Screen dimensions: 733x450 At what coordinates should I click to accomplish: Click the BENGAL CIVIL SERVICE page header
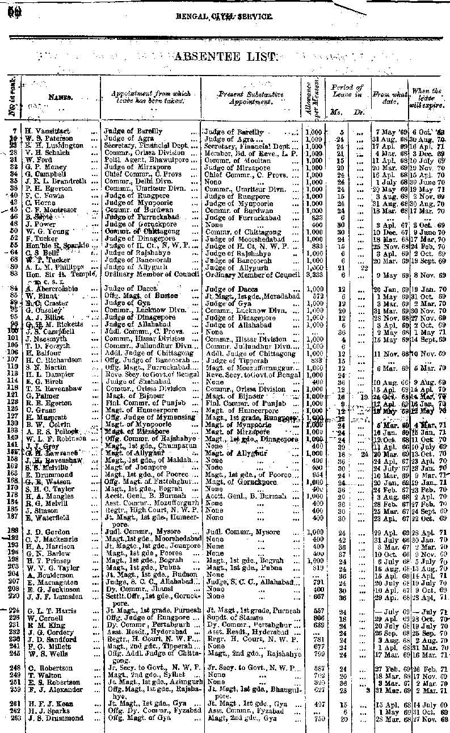pos(224,17)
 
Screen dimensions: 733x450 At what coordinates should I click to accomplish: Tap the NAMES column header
pos(60,97)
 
